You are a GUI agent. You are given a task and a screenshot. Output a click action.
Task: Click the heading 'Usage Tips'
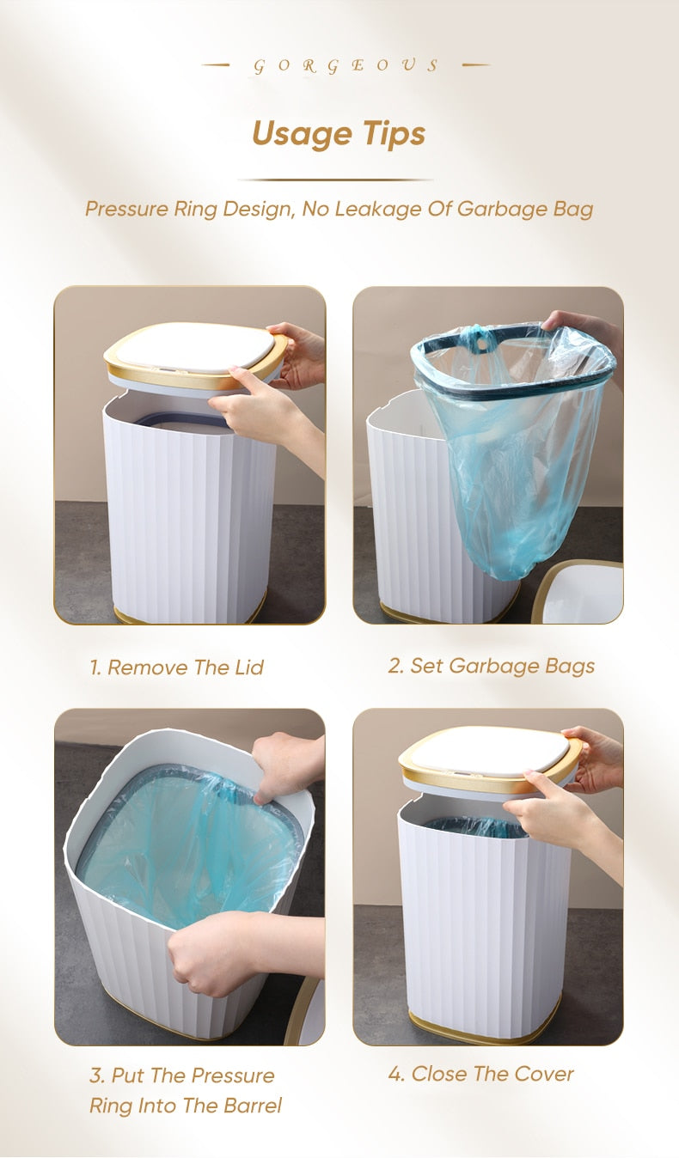pos(339,134)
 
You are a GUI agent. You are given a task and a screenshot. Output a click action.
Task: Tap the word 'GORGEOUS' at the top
pos(346,66)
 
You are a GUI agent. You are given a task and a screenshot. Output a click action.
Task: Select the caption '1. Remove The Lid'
pos(176,667)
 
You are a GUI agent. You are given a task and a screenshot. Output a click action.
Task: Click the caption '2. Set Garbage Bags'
pos(491,666)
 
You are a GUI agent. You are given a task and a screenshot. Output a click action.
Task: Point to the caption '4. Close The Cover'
pos(480,1074)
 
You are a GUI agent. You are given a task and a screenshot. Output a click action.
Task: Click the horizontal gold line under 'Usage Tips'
pos(335,180)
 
